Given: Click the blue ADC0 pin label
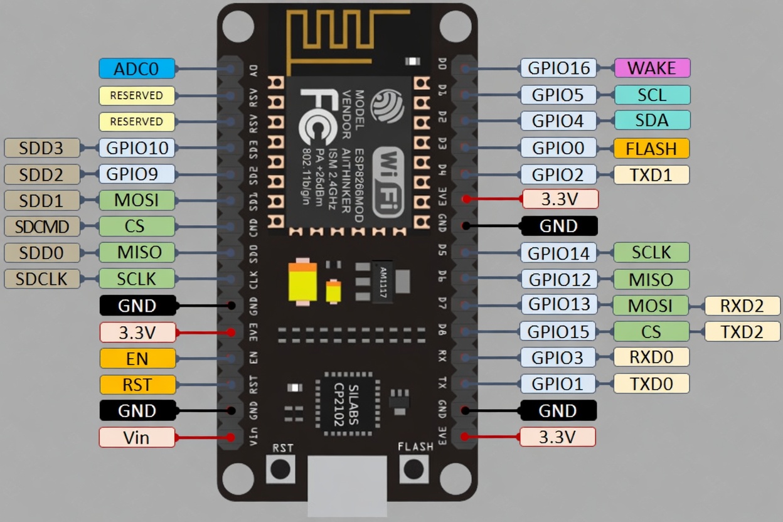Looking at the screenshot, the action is (x=137, y=68).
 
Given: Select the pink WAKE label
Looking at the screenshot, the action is (x=652, y=68).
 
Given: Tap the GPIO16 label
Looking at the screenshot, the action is (x=558, y=68).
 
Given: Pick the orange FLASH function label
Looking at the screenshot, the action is (x=652, y=148).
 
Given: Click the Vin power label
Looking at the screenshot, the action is (x=137, y=437).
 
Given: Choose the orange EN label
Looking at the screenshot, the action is (x=137, y=358).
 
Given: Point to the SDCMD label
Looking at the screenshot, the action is (x=42, y=226).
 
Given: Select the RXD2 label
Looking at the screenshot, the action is (x=742, y=306).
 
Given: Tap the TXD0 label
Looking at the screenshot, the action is (x=652, y=383).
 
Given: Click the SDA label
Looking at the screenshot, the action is (x=652, y=120).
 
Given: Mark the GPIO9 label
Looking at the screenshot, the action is (x=137, y=174).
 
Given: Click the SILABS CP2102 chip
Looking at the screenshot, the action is (x=348, y=404).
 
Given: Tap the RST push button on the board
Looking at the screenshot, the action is (x=280, y=469).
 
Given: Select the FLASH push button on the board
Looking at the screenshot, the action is (x=414, y=469).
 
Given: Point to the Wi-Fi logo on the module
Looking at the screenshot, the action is (x=388, y=183).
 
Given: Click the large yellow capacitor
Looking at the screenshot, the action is (x=302, y=282).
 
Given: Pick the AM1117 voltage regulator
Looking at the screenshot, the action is (x=382, y=282).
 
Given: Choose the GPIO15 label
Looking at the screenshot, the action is (x=558, y=331).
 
